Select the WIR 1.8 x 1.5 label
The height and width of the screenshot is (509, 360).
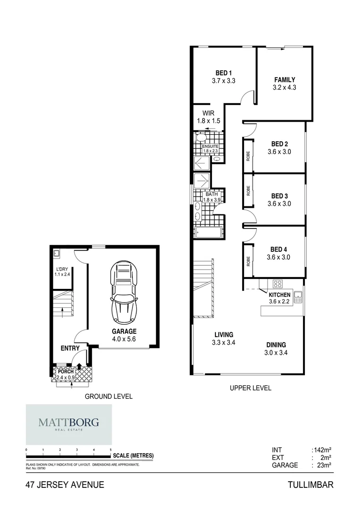coord(208,117)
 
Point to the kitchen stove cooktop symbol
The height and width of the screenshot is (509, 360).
coord(277,284)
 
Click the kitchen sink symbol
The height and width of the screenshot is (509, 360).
coord(298,297)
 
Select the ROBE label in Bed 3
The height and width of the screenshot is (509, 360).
coord(248,190)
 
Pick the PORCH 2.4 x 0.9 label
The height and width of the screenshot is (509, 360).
coord(65,375)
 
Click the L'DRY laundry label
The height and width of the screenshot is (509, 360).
coord(61,271)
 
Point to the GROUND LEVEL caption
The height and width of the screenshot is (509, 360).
coord(108,396)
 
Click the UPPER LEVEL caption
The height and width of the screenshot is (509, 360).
coord(250,388)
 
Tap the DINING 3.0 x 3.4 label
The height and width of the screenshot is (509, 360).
coord(276,348)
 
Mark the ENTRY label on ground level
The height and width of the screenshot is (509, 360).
coord(70,348)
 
